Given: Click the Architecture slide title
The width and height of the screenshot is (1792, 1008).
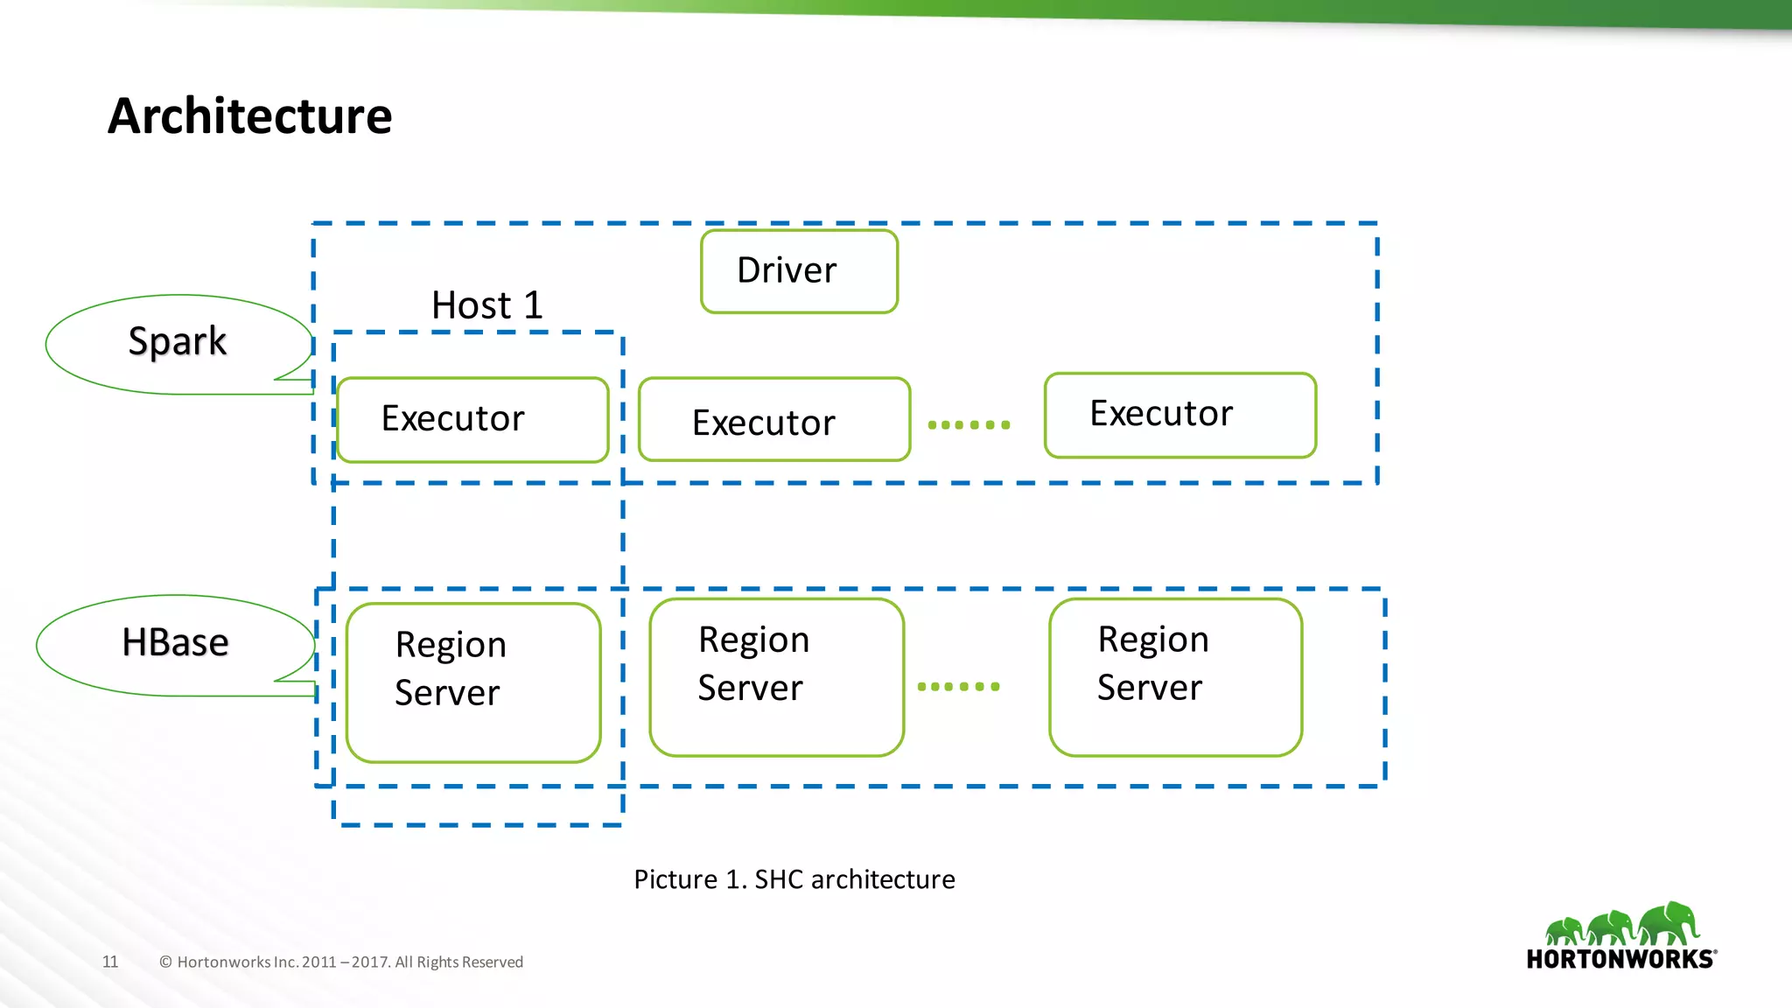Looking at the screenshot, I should point(249,116).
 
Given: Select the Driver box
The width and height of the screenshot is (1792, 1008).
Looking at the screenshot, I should point(799,271).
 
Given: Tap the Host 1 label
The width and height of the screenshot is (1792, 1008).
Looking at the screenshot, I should point(487,305).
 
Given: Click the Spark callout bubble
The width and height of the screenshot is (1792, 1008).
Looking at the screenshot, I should point(178,342).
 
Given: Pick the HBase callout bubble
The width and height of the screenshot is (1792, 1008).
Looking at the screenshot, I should point(175,643).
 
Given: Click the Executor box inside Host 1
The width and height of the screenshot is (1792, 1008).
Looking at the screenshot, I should point(472,419).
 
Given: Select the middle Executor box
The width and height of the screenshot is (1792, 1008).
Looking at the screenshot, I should point(774,420).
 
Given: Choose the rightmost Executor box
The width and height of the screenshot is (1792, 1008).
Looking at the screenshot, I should point(1179,415).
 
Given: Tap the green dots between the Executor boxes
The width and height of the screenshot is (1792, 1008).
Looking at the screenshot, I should point(969,425).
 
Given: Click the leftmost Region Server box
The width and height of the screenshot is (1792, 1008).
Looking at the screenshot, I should point(473,682).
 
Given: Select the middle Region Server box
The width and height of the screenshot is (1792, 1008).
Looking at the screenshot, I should point(776,677).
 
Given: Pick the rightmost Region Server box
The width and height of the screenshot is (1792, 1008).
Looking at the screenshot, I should point(1175,677).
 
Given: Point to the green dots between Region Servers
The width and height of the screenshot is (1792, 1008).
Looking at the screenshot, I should point(958,687).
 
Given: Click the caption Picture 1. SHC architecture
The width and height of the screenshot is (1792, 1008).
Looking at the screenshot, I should point(794,879).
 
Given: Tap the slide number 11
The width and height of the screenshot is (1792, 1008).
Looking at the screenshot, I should point(110,962).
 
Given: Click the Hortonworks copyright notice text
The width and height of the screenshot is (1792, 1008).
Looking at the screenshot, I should point(341,962).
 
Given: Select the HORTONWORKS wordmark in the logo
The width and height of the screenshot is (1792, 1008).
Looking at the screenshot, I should point(1620,959).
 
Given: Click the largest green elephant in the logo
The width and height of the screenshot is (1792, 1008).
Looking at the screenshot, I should point(1669,923).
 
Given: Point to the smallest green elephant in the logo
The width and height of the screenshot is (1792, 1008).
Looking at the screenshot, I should point(1564,931).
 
